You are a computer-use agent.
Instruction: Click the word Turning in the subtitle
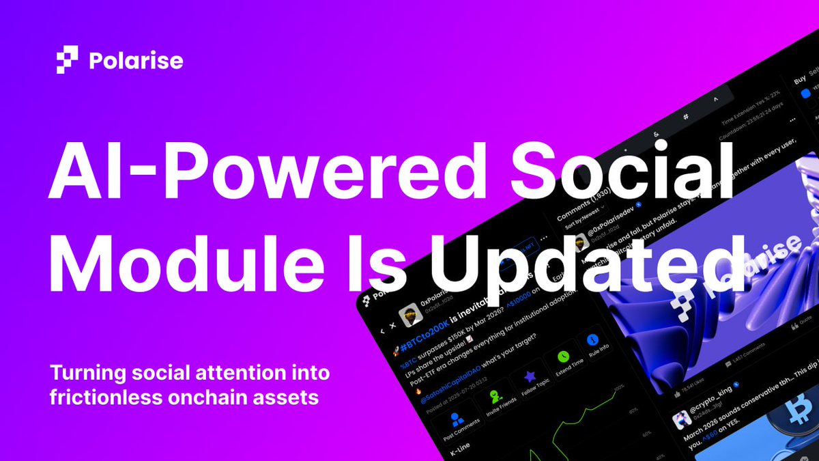85,374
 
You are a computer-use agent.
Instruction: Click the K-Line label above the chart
464,451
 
